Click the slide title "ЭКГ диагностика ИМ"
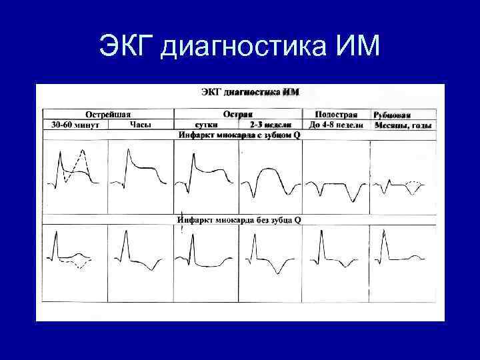(239, 47)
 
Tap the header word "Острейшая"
(107, 115)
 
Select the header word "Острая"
(238, 115)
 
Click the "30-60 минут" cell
(75, 125)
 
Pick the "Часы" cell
(140, 125)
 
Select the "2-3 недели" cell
(271, 125)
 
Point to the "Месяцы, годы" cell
(403, 125)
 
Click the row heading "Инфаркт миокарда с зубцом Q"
(239, 135)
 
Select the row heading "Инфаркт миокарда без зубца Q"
(239, 219)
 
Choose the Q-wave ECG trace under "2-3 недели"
(271, 180)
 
